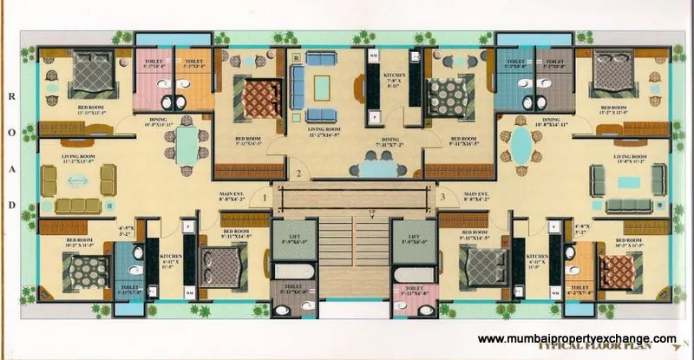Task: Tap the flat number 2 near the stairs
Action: [298, 173]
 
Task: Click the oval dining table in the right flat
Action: [521, 147]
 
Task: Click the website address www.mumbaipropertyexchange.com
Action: [577, 339]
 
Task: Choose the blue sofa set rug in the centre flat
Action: [322, 87]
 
